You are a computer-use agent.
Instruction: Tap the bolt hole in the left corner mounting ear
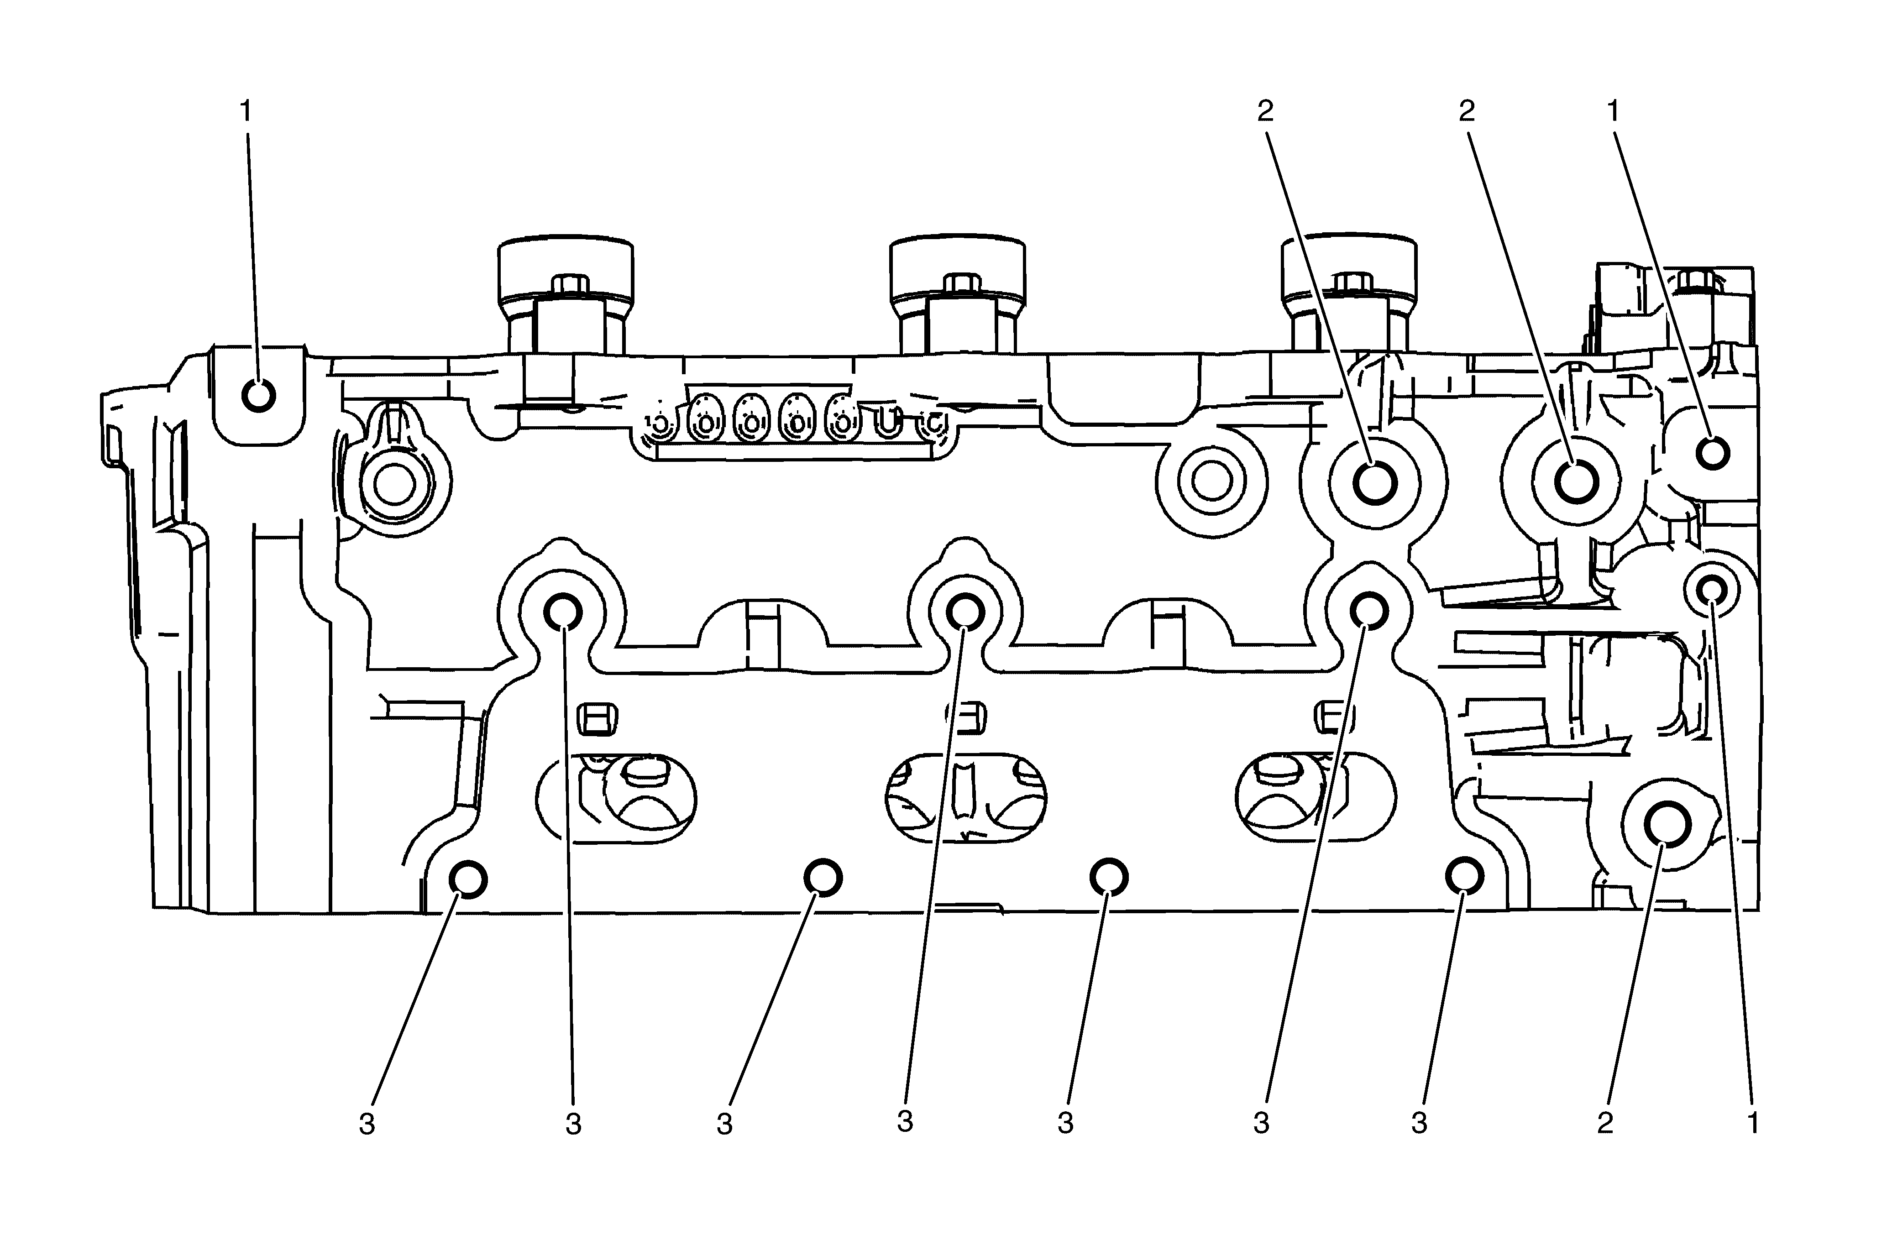[x=258, y=395]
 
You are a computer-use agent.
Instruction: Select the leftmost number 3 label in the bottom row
[x=366, y=1124]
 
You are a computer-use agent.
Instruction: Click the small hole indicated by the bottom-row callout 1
[x=1711, y=589]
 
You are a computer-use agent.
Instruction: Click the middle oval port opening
[x=965, y=798]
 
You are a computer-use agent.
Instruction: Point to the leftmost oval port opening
[x=616, y=798]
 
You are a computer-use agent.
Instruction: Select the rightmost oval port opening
[x=1316, y=798]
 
